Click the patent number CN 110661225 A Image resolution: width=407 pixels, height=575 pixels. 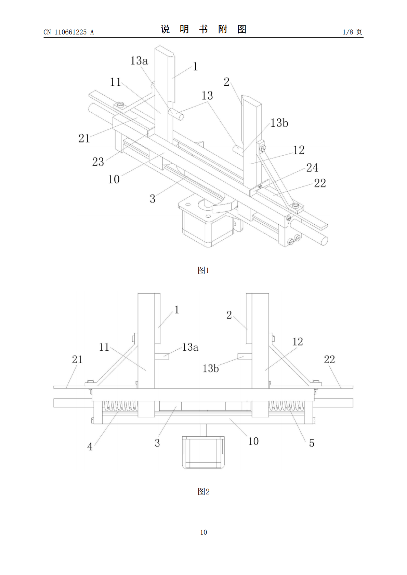tap(69, 32)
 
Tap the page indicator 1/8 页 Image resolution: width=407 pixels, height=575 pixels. tap(352, 32)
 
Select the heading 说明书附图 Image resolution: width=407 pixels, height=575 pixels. tap(203, 29)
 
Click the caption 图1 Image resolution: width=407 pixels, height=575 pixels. tap(203, 270)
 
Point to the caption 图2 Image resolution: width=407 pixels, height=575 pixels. tap(203, 491)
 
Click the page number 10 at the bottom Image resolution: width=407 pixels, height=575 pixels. tap(203, 532)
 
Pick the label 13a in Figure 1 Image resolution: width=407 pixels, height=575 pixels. tap(139, 60)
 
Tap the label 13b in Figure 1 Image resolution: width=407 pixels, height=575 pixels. tap(279, 123)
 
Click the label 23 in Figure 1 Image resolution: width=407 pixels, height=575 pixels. tap(98, 162)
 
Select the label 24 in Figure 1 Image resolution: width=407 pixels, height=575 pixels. tap(312, 168)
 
